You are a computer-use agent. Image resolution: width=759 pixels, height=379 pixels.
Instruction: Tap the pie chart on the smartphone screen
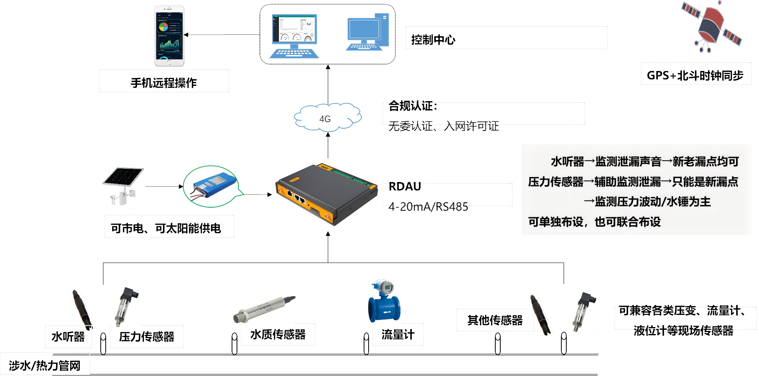pyautogui.click(x=163, y=27)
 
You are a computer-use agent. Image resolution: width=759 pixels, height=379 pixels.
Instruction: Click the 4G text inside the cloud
pyautogui.click(x=325, y=119)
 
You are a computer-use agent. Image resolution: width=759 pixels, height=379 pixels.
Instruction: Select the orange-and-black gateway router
pyautogui.click(x=327, y=194)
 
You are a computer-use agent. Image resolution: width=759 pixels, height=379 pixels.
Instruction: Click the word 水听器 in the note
pyautogui.click(x=567, y=162)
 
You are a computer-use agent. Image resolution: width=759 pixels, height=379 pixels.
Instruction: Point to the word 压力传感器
pyautogui.click(x=556, y=182)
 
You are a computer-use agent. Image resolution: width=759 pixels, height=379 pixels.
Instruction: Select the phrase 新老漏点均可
pyautogui.click(x=706, y=162)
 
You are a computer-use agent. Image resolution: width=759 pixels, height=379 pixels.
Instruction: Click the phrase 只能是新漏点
pyautogui.click(x=705, y=182)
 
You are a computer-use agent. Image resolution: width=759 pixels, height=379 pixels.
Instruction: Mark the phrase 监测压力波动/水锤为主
pyautogui.click(x=653, y=202)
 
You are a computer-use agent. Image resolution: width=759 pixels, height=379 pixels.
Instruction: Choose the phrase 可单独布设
pyautogui.click(x=556, y=222)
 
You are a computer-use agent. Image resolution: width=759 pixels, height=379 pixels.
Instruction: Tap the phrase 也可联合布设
pyautogui.click(x=627, y=222)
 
